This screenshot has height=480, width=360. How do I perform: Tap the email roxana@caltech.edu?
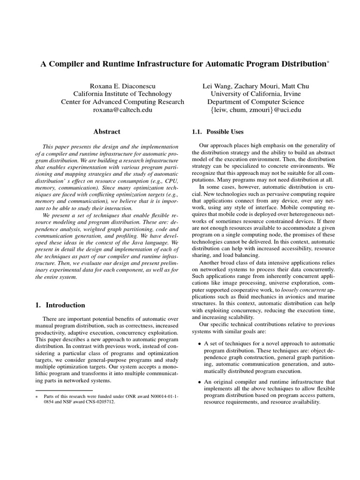coord(122,110)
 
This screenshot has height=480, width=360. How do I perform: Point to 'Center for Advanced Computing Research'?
coord(122,102)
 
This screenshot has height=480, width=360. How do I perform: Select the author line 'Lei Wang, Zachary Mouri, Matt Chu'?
coord(255,86)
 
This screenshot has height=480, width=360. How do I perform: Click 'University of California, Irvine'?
coord(255,94)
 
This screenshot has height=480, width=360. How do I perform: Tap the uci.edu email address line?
coord(255,110)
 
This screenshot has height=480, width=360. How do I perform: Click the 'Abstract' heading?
coord(106,132)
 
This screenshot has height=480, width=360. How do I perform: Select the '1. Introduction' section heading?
coord(60,305)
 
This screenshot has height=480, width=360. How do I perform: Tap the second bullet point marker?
coord(200,382)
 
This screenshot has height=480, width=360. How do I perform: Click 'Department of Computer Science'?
coord(255,102)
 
